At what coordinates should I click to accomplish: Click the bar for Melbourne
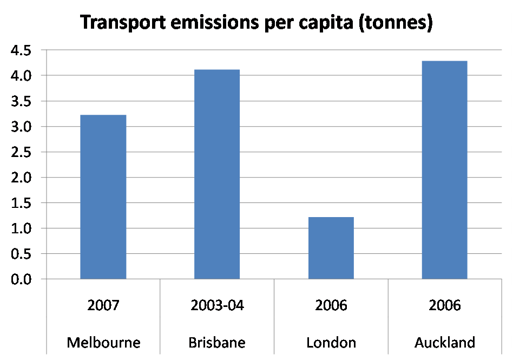[x=103, y=197]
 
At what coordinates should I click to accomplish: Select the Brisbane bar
[x=216, y=174]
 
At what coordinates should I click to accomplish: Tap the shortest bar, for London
[x=331, y=248]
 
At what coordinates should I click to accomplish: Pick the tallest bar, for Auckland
[x=444, y=170]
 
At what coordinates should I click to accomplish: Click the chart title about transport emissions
[x=256, y=23]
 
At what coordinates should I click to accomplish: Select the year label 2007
[x=103, y=305]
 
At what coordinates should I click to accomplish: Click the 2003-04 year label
[x=217, y=305]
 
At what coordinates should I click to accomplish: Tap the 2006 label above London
[x=331, y=305]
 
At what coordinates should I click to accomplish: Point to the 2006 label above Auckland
[x=445, y=305]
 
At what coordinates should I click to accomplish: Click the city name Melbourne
[x=103, y=343]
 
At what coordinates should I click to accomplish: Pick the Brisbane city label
[x=217, y=343]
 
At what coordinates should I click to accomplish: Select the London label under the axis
[x=331, y=343]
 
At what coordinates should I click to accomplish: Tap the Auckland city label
[x=445, y=343]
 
